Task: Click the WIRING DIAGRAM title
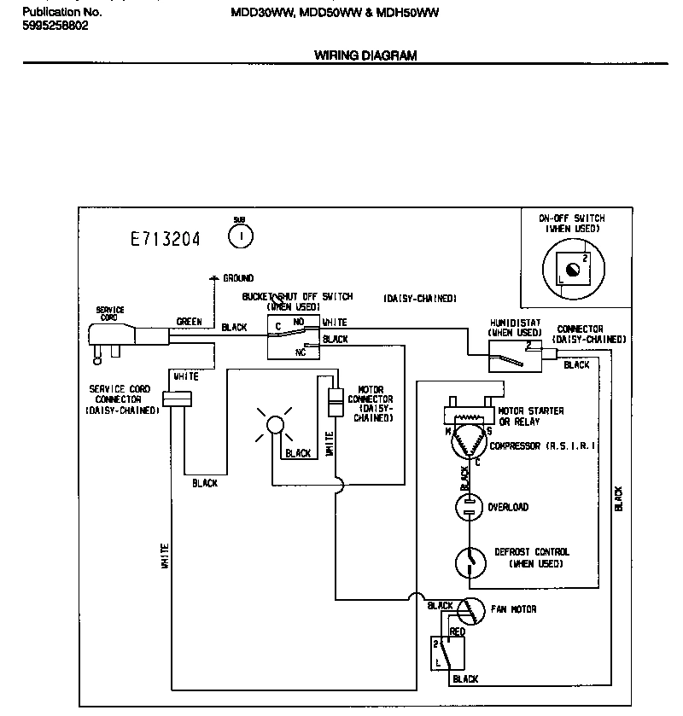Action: coord(365,56)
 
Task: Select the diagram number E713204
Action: coord(165,240)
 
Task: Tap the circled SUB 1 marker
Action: coord(241,234)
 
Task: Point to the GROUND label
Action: coord(238,278)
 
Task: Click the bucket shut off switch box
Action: coord(292,338)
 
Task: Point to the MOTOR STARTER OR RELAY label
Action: coord(530,416)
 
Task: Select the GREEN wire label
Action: coord(189,323)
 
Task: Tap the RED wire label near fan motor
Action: coord(457,632)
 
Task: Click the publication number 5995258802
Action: coord(55,26)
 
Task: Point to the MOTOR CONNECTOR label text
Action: coord(371,404)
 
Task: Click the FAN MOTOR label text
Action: coord(513,609)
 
